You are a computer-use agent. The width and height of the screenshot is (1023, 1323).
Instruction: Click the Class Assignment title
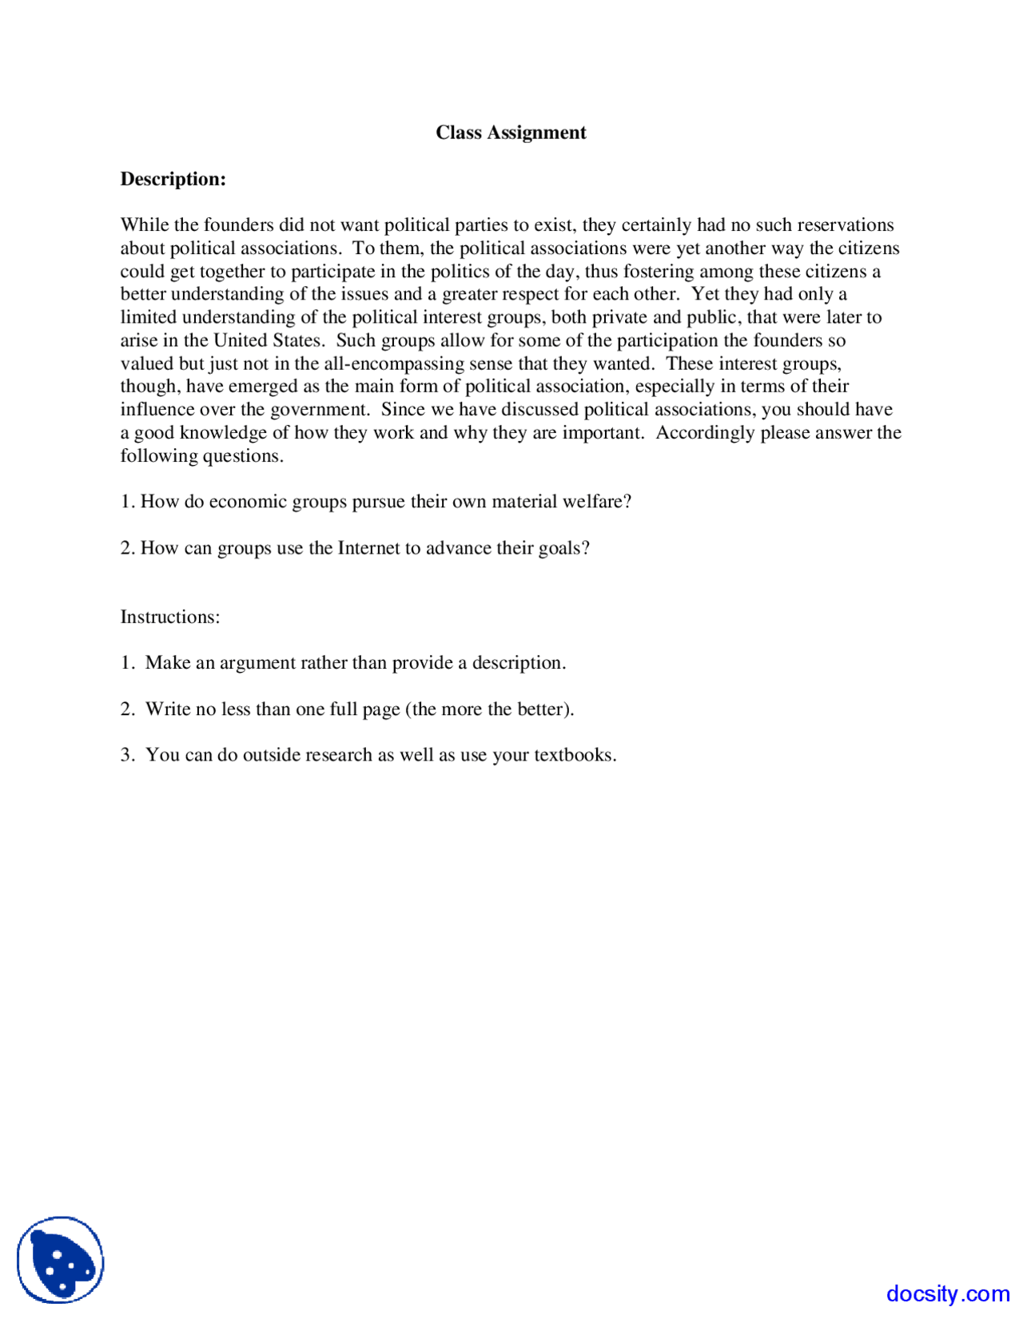point(511,133)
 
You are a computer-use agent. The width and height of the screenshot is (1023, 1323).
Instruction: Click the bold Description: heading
point(173,179)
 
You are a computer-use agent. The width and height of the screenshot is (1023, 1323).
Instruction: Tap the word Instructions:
point(169,617)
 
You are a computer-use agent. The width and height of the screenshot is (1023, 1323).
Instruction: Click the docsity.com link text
point(947,1293)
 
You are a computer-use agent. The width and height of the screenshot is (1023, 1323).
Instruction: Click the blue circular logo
point(61,1260)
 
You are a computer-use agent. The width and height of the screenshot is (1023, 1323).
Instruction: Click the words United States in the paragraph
point(268,340)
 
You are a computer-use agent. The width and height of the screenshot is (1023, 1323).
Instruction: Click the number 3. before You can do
point(127,755)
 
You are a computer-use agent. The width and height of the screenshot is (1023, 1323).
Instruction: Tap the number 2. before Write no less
point(127,709)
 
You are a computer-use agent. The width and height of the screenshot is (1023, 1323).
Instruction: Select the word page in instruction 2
point(381,709)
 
